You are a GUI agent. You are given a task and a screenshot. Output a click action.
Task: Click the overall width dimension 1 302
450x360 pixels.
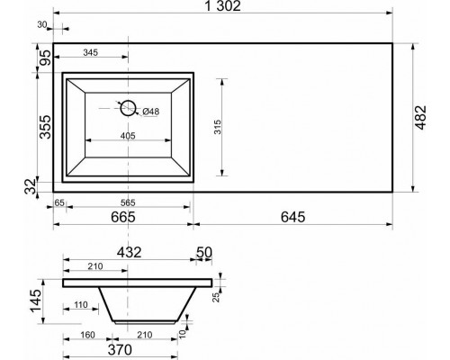click(222, 6)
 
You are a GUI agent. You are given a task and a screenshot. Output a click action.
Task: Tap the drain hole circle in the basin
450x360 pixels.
click(129, 108)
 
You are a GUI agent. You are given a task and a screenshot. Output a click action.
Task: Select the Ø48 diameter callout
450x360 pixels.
click(151, 112)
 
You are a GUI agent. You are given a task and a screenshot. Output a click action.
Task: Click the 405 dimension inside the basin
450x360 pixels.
click(128, 136)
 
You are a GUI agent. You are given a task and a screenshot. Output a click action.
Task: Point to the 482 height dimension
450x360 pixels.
click(420, 118)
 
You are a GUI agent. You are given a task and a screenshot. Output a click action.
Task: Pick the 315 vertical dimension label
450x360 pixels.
click(218, 127)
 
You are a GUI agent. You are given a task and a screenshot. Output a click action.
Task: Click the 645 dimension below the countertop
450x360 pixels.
click(292, 217)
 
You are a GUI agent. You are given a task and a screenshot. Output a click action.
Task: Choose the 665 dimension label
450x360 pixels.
click(123, 217)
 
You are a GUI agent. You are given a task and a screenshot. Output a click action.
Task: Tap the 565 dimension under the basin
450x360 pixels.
click(128, 203)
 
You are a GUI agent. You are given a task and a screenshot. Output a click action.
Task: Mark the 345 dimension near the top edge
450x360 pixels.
click(90, 52)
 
